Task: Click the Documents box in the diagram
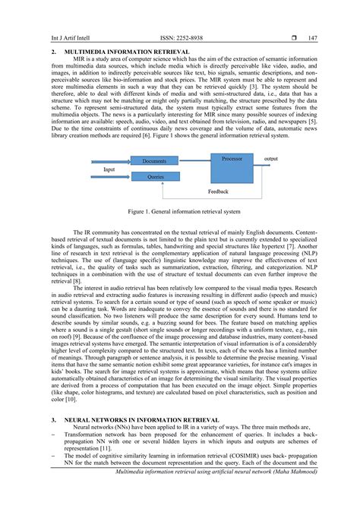point(154,161)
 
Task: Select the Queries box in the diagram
point(155,175)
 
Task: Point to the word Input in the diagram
point(109,169)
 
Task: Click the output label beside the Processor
point(270,159)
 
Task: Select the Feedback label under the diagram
point(218,191)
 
